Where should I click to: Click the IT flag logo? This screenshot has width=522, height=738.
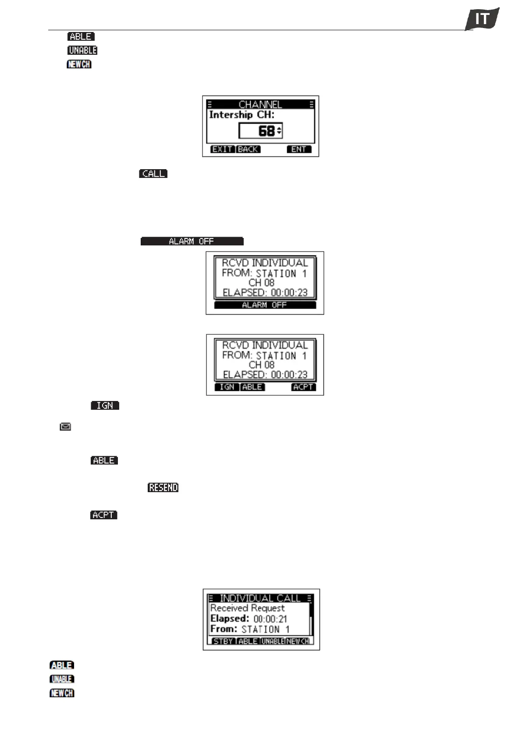click(482, 19)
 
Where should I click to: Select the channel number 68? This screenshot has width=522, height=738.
click(266, 131)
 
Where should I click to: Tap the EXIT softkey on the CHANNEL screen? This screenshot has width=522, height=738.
click(222, 149)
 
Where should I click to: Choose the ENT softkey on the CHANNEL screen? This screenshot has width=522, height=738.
click(299, 149)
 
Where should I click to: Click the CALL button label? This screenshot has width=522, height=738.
click(153, 174)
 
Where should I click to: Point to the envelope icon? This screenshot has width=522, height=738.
click(65, 426)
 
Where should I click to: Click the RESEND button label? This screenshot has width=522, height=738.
click(163, 488)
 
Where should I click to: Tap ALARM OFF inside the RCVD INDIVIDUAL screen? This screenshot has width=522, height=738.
click(265, 305)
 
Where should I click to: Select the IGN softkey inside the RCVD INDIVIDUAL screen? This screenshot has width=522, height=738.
click(227, 387)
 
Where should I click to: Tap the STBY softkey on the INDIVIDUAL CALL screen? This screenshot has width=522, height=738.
click(223, 641)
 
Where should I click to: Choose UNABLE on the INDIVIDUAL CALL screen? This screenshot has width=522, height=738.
click(273, 641)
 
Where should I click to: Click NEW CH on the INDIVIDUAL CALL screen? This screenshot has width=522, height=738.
click(298, 641)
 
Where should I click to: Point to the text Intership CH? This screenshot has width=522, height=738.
click(241, 115)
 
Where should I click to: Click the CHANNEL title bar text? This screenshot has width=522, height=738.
click(260, 104)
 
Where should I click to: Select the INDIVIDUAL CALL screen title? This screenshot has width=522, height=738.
click(260, 598)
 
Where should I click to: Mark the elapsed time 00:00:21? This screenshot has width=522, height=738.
click(270, 619)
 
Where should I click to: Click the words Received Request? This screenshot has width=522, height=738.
click(247, 608)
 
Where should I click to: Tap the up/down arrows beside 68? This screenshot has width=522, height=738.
click(279, 131)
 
